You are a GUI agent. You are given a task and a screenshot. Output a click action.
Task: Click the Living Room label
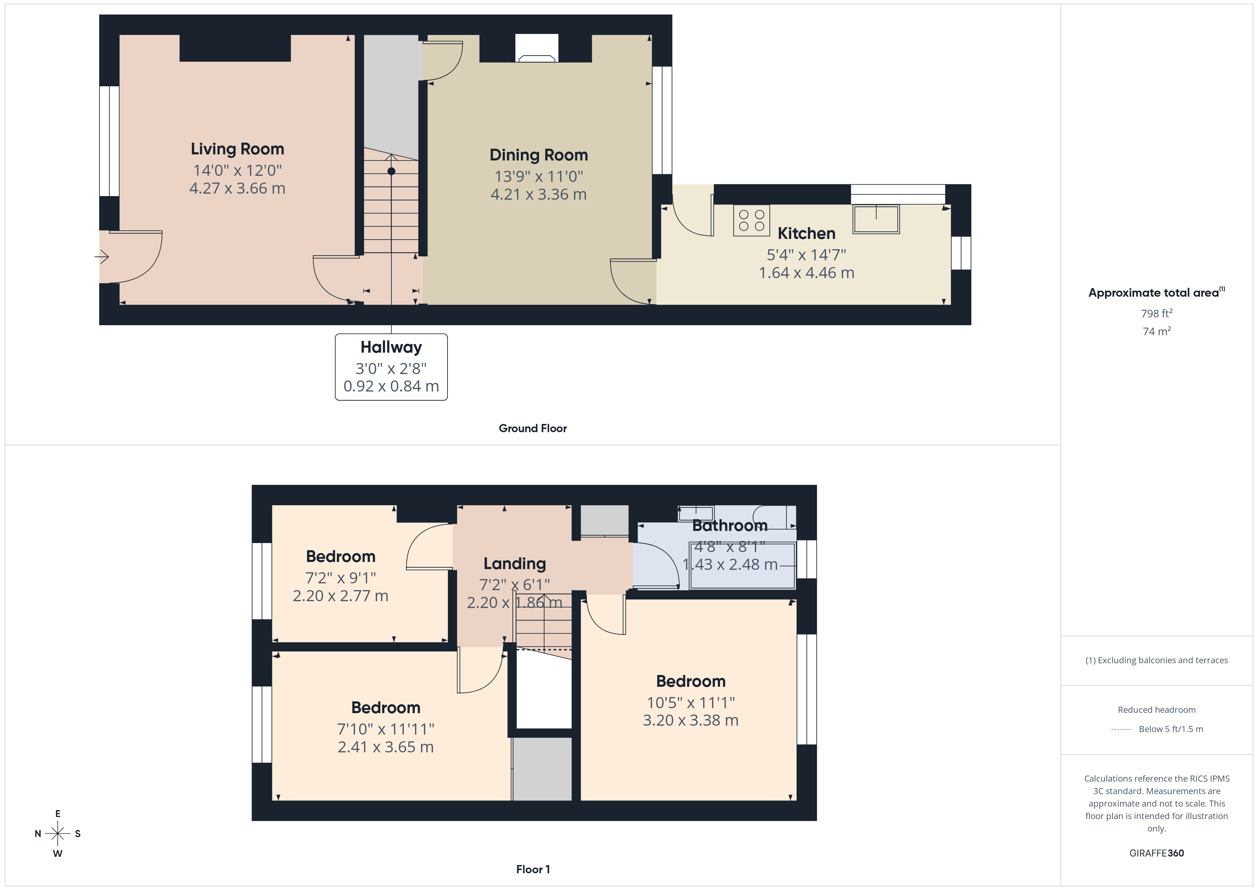tap(237, 149)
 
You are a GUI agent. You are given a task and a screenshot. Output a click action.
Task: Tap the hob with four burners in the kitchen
tap(751, 221)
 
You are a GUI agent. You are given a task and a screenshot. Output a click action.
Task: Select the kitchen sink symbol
tap(875, 219)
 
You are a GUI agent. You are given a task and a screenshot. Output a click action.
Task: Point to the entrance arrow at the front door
tap(102, 256)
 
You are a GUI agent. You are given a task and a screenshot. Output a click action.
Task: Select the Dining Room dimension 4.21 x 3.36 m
tap(538, 195)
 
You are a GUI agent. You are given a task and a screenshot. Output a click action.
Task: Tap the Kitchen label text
tap(806, 234)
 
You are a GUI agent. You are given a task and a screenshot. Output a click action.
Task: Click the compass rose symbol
tap(57, 834)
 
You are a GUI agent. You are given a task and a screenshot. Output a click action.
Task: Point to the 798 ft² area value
tap(1156, 313)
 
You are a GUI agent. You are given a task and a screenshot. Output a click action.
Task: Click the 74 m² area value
tap(1156, 331)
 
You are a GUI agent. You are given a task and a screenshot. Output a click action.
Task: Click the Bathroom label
tap(729, 526)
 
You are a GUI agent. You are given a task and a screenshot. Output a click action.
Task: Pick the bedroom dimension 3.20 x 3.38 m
tap(690, 720)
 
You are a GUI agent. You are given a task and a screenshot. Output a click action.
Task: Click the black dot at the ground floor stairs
tap(391, 172)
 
